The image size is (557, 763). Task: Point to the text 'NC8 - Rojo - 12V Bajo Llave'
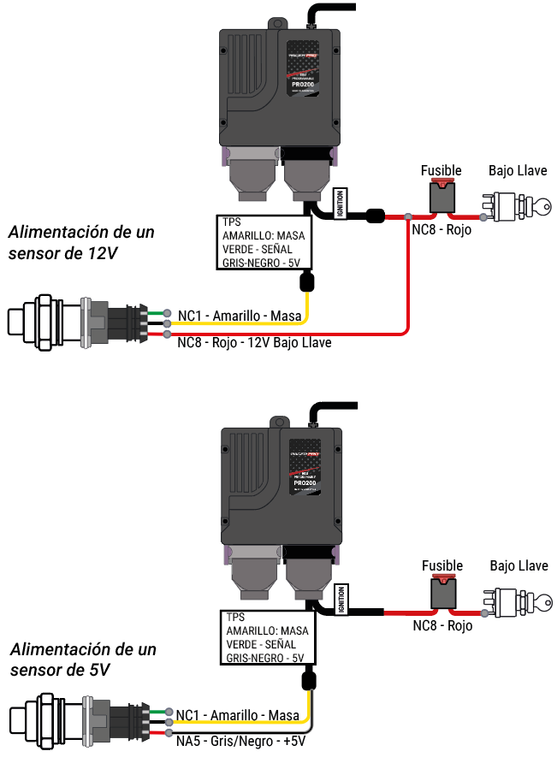254,342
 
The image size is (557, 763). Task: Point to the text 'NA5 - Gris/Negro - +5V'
240,741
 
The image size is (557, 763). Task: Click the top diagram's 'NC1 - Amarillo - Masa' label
240,316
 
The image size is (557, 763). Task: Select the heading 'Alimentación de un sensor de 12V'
81,242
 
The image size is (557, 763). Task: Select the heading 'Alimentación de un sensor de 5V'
81,659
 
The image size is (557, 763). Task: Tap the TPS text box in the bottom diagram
268,637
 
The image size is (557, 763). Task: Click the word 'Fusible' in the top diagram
441,171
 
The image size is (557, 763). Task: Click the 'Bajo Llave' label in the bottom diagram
518,566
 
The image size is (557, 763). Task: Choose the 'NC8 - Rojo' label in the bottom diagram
442,626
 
